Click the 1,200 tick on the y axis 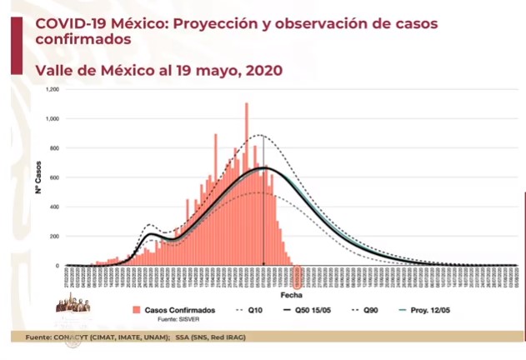coord(53,89)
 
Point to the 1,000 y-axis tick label coord(53,119)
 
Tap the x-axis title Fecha coord(291,295)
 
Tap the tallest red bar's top coord(246,104)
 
